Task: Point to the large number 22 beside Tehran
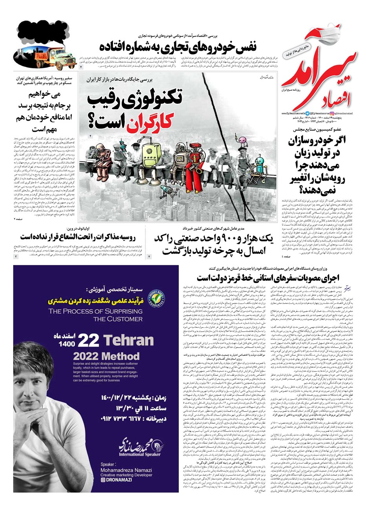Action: (88, 340)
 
